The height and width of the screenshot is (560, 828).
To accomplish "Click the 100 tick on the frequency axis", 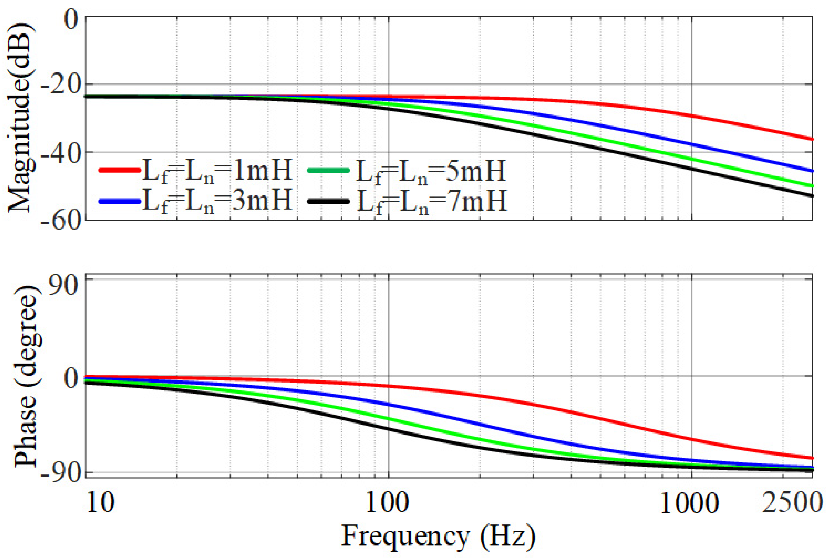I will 388,502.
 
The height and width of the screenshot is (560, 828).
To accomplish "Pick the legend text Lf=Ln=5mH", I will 431,171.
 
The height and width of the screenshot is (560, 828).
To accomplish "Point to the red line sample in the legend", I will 119,170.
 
